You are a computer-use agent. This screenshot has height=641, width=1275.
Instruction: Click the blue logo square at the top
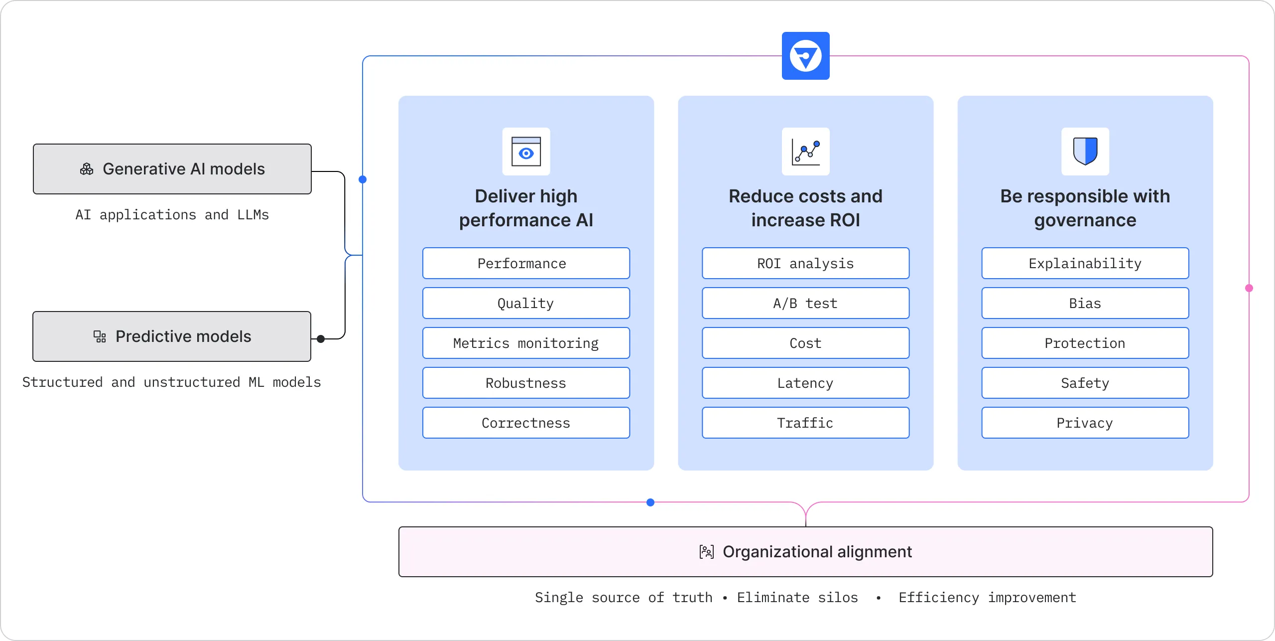(x=805, y=56)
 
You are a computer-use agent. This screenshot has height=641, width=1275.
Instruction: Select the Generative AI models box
(x=172, y=169)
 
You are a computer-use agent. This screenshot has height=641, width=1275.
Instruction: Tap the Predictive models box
(x=172, y=336)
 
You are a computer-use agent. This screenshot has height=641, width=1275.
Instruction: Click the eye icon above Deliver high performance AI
(x=526, y=152)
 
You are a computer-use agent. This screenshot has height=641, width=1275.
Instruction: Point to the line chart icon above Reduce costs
(x=805, y=152)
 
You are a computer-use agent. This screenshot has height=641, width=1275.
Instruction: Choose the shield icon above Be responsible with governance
(x=1085, y=152)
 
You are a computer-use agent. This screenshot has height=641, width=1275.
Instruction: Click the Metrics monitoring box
(x=526, y=343)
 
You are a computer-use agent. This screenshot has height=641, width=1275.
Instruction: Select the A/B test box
(x=805, y=303)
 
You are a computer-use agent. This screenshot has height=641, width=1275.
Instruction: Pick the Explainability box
(x=1085, y=263)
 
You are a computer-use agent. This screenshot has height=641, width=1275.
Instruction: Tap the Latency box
(x=805, y=383)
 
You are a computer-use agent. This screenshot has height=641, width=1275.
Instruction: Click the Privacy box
(x=1085, y=423)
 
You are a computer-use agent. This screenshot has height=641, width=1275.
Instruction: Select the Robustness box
(x=526, y=383)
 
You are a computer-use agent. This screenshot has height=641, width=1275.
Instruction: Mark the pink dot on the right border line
(x=1249, y=288)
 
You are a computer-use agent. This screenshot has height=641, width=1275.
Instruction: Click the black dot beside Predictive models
(x=321, y=339)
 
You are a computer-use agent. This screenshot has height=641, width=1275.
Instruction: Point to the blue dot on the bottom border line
(x=650, y=502)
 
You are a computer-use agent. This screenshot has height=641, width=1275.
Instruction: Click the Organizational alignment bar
(x=805, y=552)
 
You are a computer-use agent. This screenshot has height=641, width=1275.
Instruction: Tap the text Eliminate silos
(x=797, y=598)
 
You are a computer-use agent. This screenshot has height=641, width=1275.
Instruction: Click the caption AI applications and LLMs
(x=172, y=215)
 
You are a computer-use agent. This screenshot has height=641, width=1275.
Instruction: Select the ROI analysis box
(x=805, y=263)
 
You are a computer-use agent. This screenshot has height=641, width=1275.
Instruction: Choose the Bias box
(x=1085, y=303)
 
